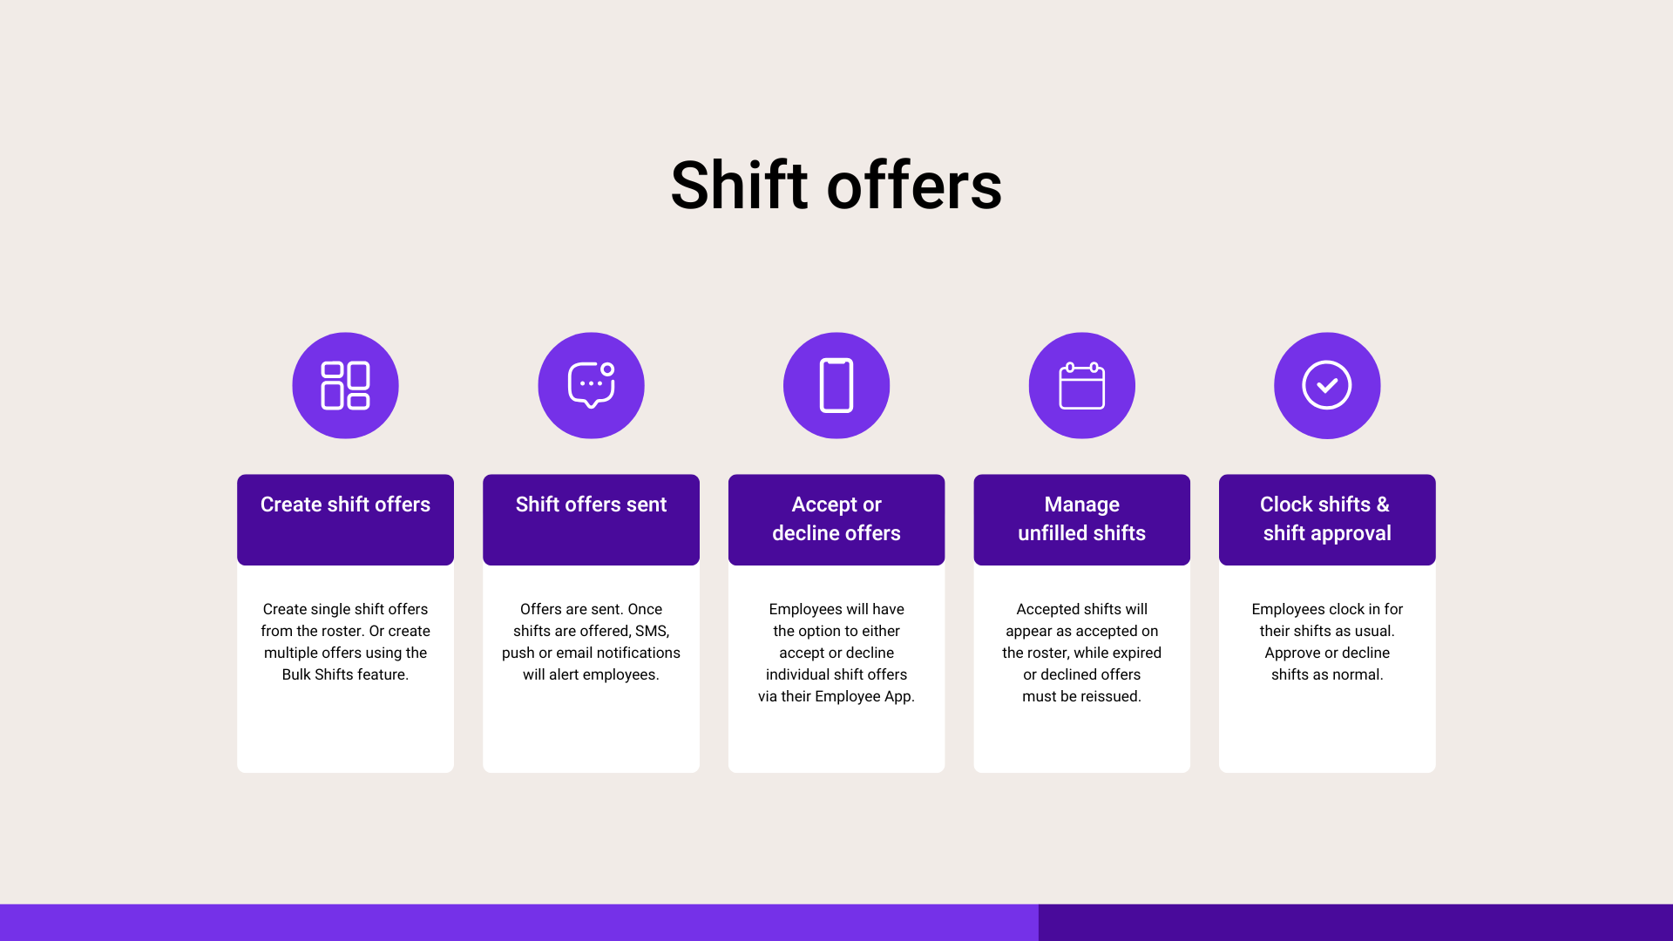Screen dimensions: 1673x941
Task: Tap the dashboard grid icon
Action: [345, 385]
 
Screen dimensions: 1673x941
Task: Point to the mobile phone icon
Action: [836, 385]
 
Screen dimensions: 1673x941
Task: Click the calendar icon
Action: [1081, 385]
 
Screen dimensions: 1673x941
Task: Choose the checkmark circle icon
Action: [1327, 385]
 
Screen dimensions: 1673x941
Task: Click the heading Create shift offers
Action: [345, 504]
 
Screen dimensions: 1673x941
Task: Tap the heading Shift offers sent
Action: [591, 504]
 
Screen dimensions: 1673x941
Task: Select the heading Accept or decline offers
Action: [836, 518]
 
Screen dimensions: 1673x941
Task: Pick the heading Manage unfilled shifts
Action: [1081, 518]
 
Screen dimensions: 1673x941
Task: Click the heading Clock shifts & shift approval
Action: [1327, 518]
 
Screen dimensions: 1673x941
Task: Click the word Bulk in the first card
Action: [296, 674]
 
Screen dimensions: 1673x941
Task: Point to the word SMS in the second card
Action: [652, 631]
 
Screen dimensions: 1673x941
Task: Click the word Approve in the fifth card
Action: [1291, 653]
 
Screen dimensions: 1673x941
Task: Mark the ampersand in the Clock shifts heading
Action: [1383, 504]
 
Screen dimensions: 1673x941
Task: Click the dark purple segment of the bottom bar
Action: [1356, 923]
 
